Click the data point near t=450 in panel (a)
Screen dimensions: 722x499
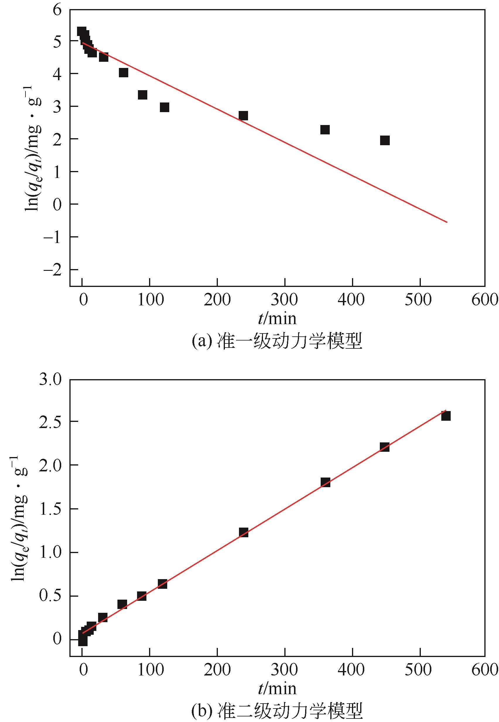pyautogui.click(x=385, y=140)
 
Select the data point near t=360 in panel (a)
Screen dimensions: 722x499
pyautogui.click(x=325, y=129)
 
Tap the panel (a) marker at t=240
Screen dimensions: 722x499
pyautogui.click(x=243, y=115)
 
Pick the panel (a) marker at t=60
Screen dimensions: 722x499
pyautogui.click(x=124, y=73)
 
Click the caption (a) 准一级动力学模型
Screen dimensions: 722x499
pyautogui.click(x=277, y=341)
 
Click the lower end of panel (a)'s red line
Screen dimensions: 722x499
pyautogui.click(x=447, y=222)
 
